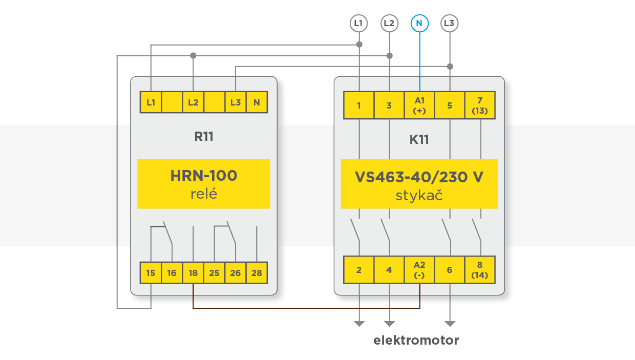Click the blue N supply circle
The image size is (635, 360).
[x=419, y=23]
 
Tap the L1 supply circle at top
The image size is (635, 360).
[x=359, y=23]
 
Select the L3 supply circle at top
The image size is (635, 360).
[x=450, y=23]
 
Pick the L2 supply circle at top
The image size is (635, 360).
[x=389, y=23]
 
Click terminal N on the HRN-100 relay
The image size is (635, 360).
[x=257, y=102]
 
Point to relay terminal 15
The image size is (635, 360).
[x=151, y=273]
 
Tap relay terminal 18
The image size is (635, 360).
[x=193, y=273]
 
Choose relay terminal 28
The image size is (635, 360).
[x=257, y=273]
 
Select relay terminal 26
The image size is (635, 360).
[x=236, y=273]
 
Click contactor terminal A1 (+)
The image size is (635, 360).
[x=419, y=105]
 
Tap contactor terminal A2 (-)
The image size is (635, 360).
[x=419, y=270]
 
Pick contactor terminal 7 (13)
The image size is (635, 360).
[x=480, y=105]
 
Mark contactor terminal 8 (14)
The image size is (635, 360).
[x=480, y=270]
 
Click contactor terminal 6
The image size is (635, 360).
[x=450, y=270]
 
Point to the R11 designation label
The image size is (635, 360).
[x=204, y=136]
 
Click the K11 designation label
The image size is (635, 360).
[x=419, y=139]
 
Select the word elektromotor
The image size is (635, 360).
[x=416, y=340]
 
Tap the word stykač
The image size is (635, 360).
[x=419, y=195]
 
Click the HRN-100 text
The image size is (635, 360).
[x=204, y=176]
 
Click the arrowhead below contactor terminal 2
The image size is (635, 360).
[x=359, y=324]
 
